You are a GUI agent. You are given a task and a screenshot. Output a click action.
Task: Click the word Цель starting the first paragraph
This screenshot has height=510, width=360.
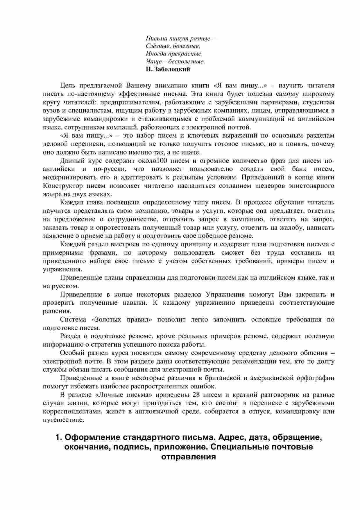pos(67,85)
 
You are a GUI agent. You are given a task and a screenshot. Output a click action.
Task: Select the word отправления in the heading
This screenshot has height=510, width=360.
pos(189,456)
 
